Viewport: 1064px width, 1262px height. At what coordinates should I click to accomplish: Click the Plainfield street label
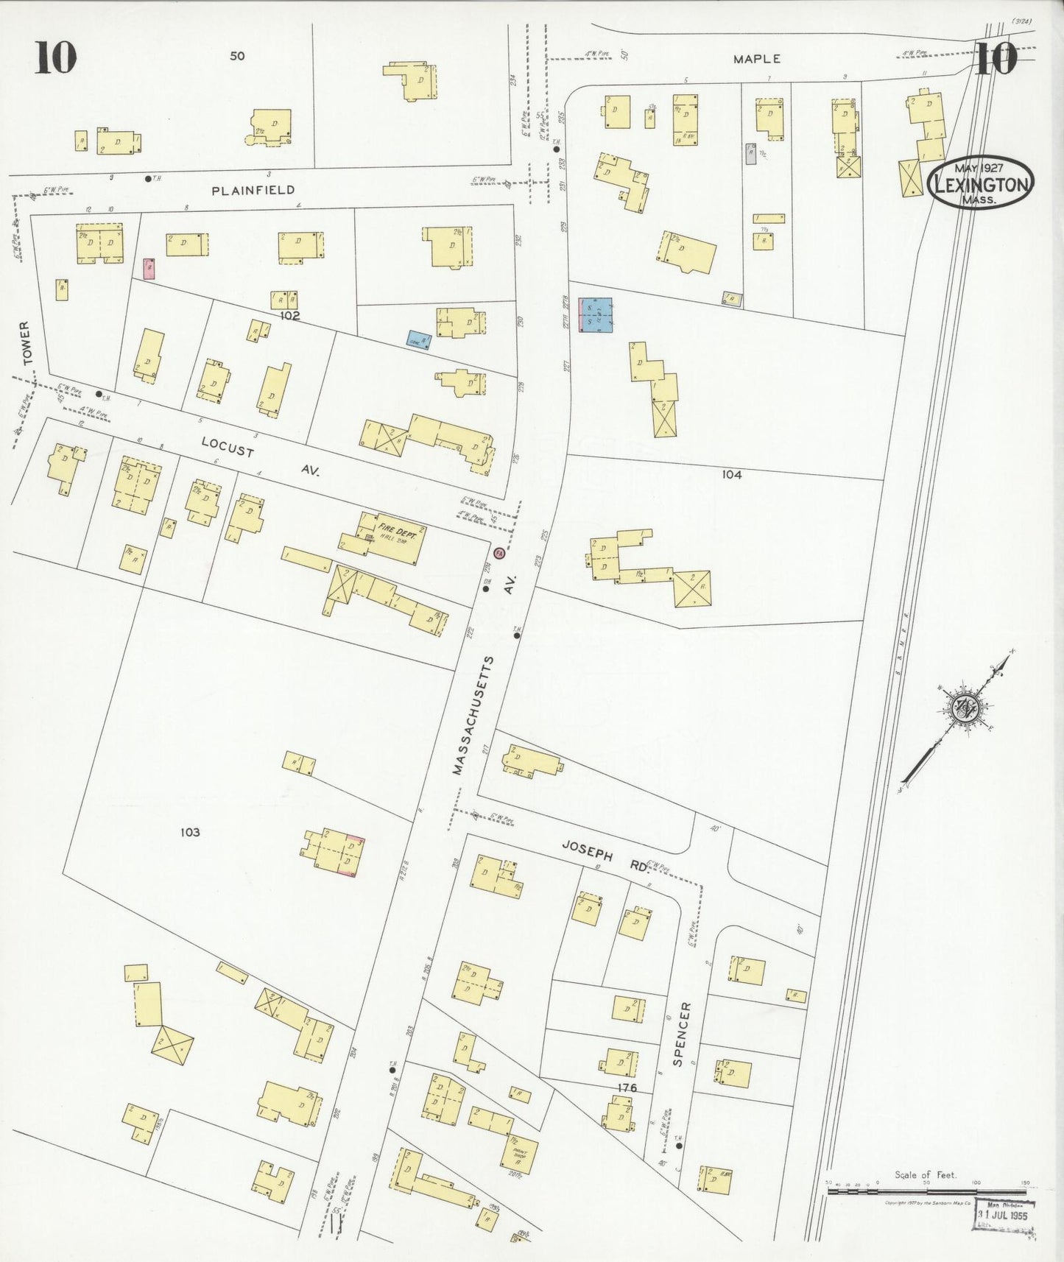click(253, 190)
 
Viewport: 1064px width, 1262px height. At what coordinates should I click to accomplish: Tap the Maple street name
click(756, 59)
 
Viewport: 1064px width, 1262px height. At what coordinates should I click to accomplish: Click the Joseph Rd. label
click(605, 856)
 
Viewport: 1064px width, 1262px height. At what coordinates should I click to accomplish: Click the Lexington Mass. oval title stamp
click(981, 182)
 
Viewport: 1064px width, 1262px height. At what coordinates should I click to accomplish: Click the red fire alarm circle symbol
click(498, 553)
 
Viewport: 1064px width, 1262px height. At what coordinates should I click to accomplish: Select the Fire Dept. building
click(391, 537)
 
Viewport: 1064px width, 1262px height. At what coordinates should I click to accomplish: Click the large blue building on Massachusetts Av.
click(596, 315)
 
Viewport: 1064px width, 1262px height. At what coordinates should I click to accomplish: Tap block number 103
click(190, 832)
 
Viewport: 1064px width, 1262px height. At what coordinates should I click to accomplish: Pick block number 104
click(731, 475)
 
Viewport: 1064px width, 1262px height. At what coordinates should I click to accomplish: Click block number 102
click(290, 316)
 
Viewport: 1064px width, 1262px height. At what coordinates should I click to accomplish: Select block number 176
click(627, 1087)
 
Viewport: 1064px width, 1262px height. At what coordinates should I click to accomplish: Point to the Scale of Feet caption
click(925, 1175)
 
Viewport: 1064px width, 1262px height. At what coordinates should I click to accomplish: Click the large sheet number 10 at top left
click(55, 58)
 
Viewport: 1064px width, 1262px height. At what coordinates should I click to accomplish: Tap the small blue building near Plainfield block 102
click(419, 338)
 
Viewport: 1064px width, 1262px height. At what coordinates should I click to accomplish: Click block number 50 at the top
click(236, 56)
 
